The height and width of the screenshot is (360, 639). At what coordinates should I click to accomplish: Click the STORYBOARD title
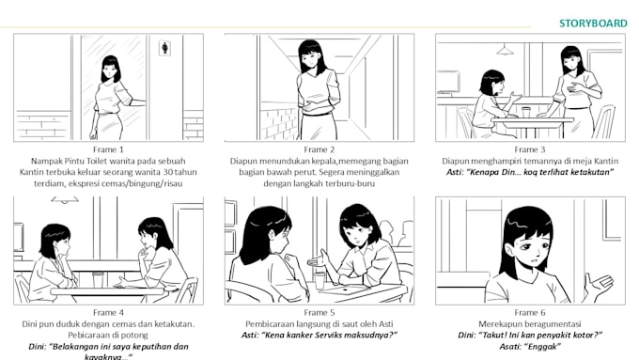click(593, 23)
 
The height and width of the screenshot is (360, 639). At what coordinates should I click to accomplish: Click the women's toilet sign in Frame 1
click(165, 46)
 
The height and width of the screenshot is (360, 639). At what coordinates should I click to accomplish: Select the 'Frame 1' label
click(109, 149)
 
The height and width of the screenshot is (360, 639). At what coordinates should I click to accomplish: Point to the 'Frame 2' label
click(319, 149)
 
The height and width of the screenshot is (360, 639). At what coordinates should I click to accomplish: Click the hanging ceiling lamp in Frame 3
click(506, 49)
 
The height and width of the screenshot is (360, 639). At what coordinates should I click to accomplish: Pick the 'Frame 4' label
click(109, 312)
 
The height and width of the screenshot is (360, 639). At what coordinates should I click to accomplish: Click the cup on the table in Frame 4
click(98, 279)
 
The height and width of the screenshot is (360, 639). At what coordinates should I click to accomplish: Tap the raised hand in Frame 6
click(594, 282)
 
